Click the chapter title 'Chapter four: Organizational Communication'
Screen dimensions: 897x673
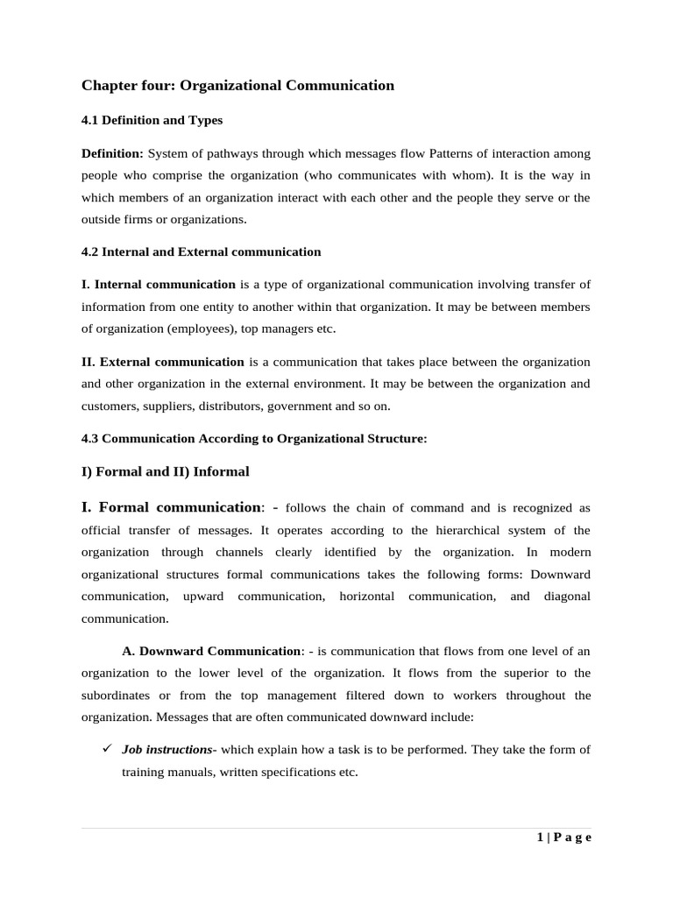tap(237, 86)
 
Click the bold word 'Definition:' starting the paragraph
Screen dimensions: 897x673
tap(112, 153)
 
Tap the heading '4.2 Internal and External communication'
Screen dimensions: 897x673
tap(201, 251)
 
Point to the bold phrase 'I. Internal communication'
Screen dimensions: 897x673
tap(159, 284)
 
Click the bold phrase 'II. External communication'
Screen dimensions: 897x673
tap(163, 362)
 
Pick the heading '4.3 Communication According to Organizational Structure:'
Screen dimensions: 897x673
tap(254, 439)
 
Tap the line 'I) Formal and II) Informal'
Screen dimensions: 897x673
tap(165, 471)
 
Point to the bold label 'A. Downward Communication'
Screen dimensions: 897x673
tap(210, 651)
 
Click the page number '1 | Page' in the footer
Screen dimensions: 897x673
tap(564, 837)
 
